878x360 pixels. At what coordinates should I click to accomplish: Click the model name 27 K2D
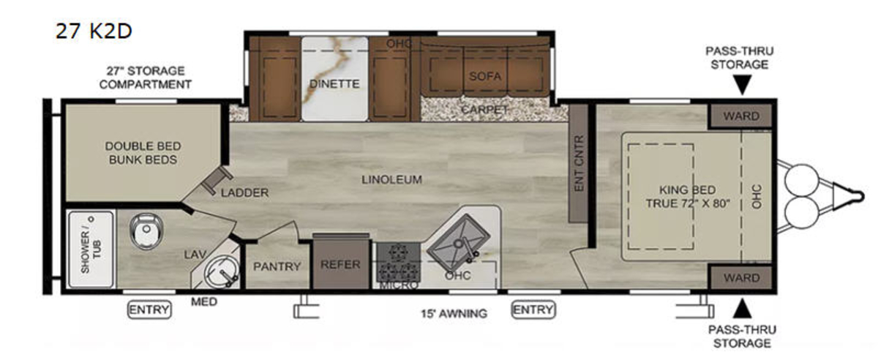click(94, 31)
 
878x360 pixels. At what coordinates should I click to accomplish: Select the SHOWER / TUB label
click(91, 250)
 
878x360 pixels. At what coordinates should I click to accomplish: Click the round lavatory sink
click(221, 271)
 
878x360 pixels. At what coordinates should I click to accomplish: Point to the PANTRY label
click(277, 266)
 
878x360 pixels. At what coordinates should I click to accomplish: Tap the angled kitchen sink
click(459, 240)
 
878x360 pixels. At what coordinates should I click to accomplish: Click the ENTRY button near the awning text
click(533, 310)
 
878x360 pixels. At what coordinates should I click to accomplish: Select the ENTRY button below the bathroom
click(149, 310)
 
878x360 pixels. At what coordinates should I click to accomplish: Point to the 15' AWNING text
click(454, 314)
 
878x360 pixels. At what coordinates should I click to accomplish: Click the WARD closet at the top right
click(740, 116)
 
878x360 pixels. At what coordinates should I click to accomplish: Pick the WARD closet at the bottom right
click(740, 277)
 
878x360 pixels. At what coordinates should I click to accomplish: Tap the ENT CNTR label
click(579, 163)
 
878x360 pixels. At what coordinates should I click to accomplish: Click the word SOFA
click(485, 76)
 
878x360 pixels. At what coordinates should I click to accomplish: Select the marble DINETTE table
click(335, 79)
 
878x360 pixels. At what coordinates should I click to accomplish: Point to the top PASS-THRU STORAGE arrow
click(742, 85)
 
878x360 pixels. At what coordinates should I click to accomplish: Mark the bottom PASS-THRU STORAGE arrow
click(742, 308)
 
